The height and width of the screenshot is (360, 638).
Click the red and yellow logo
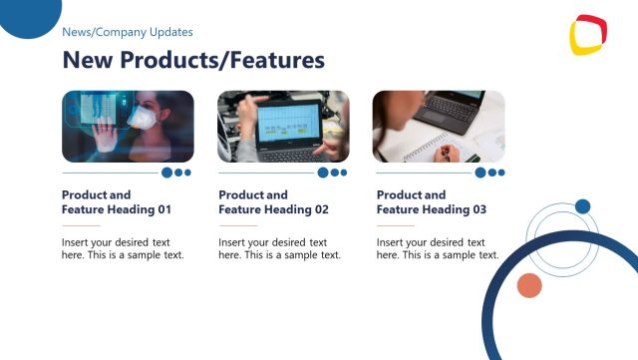[x=588, y=36]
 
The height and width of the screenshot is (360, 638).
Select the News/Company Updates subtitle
[x=128, y=32]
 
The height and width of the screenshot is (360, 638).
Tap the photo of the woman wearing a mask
[x=128, y=127]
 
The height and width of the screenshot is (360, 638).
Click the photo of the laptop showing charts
[x=283, y=127]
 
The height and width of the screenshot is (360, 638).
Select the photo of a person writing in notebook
[x=439, y=127]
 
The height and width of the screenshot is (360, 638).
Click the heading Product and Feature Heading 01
[x=117, y=202]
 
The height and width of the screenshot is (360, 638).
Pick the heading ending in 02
[x=273, y=202]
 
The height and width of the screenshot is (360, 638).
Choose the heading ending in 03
[x=432, y=202]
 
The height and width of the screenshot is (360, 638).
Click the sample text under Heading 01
[x=123, y=248]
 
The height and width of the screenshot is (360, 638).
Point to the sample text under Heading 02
[x=279, y=248]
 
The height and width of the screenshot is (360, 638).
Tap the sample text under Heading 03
[x=438, y=248]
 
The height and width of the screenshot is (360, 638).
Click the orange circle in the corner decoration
[x=528, y=286]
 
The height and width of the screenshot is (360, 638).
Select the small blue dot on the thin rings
[x=583, y=206]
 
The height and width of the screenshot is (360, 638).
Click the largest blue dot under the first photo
[x=167, y=173]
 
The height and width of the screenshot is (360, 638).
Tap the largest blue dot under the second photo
[x=323, y=173]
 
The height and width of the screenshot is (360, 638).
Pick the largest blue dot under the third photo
[x=480, y=173]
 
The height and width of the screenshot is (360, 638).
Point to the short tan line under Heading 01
[x=81, y=226]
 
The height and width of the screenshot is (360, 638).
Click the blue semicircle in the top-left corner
[x=28, y=15]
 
